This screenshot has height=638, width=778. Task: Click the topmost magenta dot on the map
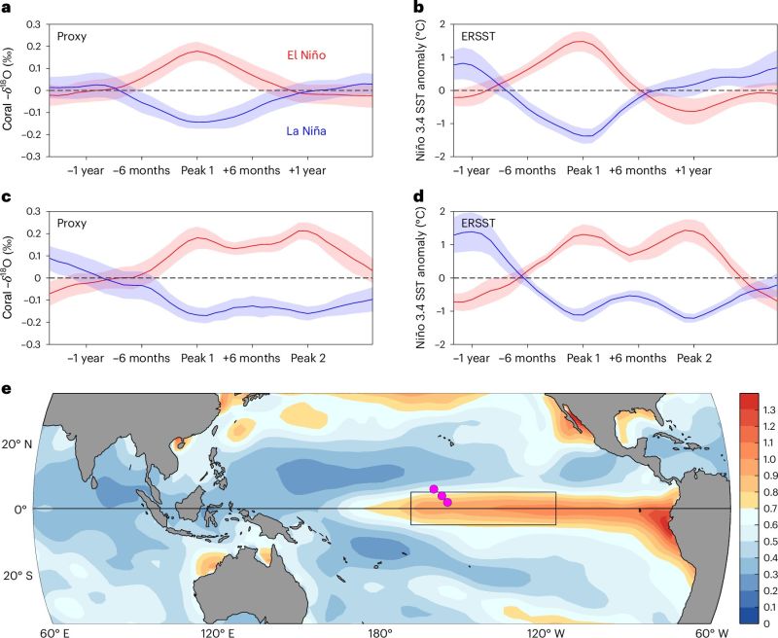click(x=434, y=488)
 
